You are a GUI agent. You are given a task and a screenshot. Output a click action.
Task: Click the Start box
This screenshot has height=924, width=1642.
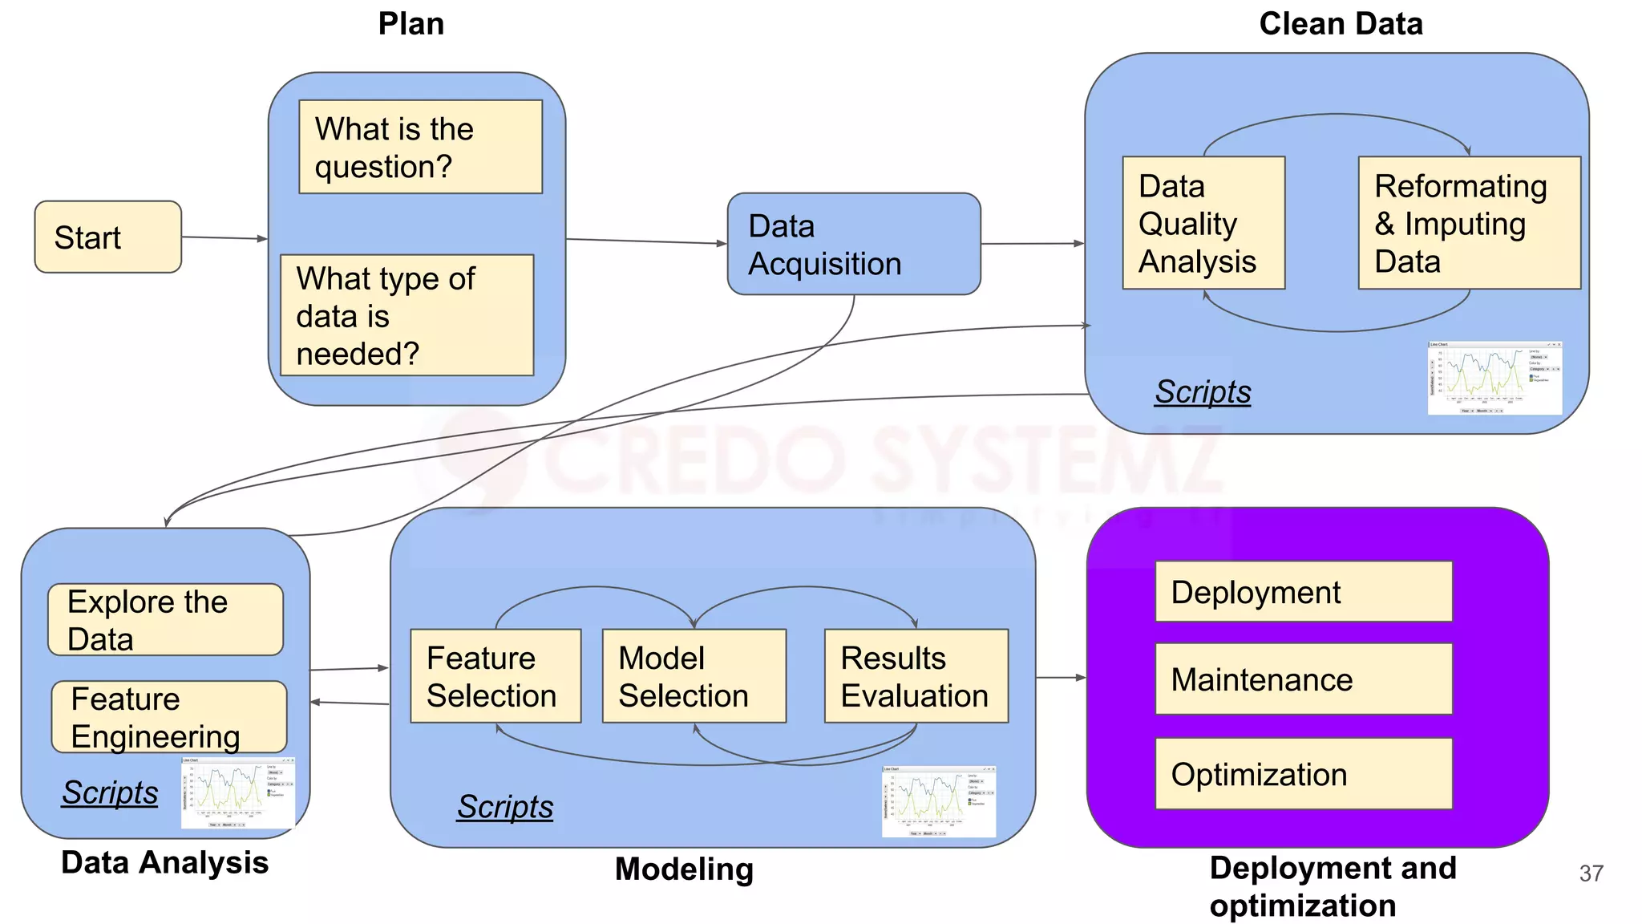[x=108, y=237]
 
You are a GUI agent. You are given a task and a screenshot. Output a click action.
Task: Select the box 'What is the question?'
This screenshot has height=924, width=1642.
[x=420, y=147]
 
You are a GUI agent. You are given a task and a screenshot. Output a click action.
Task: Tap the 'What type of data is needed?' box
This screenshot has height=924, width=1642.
[x=406, y=315]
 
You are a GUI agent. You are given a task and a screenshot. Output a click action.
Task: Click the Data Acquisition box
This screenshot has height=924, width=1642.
[x=853, y=244]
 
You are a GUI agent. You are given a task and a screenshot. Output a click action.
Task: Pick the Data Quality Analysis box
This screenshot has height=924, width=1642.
[x=1203, y=223]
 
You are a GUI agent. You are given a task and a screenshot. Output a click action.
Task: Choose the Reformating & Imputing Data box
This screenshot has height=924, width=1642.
[x=1469, y=223]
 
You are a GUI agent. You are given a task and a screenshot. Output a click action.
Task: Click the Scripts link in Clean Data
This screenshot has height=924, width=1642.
[x=1202, y=391]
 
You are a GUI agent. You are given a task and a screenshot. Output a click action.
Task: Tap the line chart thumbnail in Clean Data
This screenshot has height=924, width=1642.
[x=1494, y=378]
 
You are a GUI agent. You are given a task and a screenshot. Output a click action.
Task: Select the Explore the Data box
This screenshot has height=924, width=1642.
[x=165, y=620]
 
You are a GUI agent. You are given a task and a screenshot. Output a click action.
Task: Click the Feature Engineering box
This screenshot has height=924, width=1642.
[x=168, y=717]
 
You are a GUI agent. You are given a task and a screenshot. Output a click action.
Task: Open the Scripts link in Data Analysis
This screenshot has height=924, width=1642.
[x=110, y=792]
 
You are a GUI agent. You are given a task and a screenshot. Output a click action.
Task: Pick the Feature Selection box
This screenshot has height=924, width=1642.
[x=495, y=676]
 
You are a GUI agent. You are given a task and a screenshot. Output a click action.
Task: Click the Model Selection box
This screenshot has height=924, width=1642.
[x=694, y=676]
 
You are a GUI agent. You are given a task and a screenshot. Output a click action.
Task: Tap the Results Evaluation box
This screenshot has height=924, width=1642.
[x=916, y=676]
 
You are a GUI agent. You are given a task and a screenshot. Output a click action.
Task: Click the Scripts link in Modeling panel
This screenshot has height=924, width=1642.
[x=505, y=806]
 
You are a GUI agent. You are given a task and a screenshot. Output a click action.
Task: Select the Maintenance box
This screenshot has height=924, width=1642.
[x=1303, y=679]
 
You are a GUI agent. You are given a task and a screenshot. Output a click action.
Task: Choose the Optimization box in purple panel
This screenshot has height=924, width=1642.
[x=1303, y=774]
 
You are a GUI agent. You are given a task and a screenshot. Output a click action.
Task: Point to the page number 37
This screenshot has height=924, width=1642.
[x=1591, y=873]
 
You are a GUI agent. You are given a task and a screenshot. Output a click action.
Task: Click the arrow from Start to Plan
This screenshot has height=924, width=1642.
[x=224, y=237]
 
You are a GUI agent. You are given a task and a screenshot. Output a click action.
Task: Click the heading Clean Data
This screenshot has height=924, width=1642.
[x=1341, y=24]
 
